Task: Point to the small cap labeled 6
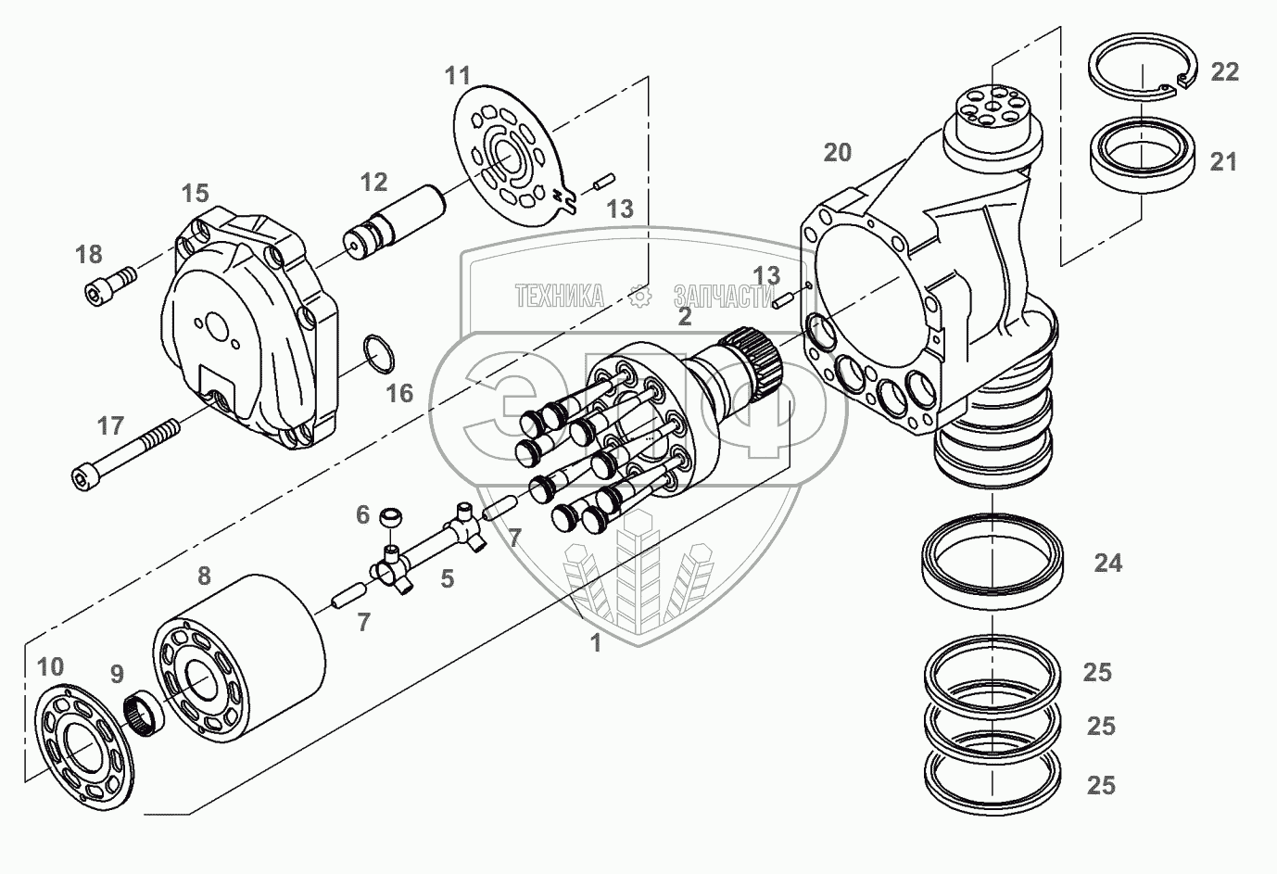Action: point(395,515)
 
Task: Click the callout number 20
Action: point(837,152)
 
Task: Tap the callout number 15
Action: point(195,194)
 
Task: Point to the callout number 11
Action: point(457,75)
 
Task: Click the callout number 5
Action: point(447,579)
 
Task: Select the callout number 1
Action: point(596,642)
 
